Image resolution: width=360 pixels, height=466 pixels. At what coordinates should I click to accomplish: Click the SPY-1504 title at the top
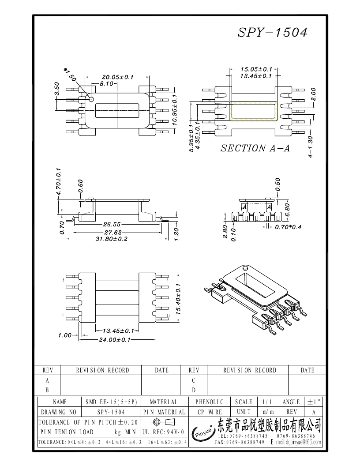coord(272,32)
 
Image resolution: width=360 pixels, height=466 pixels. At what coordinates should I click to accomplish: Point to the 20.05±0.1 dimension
coord(117,77)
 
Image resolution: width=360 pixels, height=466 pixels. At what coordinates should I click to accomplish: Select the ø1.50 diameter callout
coord(70,75)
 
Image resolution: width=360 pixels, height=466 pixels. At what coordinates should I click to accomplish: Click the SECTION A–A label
coord(255,149)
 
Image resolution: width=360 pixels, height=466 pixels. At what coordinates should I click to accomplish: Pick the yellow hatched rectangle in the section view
coord(253,111)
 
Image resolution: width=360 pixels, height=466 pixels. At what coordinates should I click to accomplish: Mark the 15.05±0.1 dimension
coord(256,69)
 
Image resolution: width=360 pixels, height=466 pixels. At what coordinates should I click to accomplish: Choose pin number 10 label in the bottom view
coord(169,316)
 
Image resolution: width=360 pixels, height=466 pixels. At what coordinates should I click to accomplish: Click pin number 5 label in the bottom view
coord(64,280)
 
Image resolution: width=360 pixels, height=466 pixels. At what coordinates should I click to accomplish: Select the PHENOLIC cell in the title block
coord(210,402)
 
